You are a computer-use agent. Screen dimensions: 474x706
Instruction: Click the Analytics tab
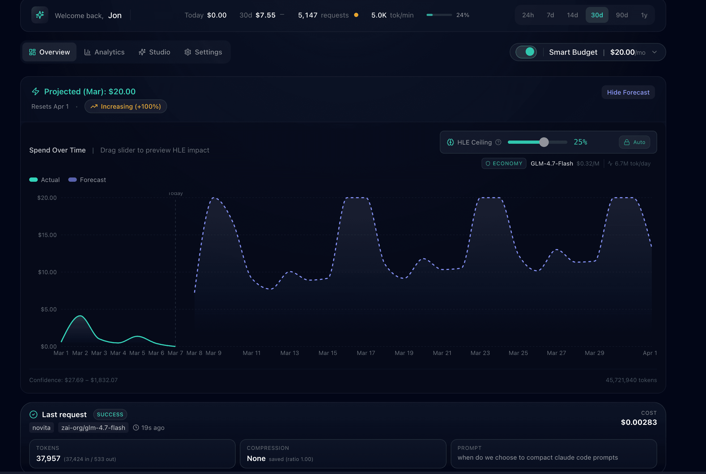(x=104, y=52)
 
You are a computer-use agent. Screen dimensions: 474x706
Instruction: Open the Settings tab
(x=203, y=52)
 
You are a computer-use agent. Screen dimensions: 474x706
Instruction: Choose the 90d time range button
(x=622, y=15)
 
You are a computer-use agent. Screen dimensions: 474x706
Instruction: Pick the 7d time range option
(x=550, y=15)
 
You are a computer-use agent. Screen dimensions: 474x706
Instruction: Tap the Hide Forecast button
(x=628, y=92)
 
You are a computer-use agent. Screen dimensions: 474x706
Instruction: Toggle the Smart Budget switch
(x=526, y=52)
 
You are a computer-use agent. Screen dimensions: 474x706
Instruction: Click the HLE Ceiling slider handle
(x=544, y=142)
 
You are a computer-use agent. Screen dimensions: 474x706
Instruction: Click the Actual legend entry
(x=44, y=180)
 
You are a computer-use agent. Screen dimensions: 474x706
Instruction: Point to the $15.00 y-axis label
(x=47, y=235)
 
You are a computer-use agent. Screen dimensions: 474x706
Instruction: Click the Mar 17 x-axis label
(x=366, y=353)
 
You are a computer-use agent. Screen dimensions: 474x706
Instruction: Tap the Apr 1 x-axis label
(x=649, y=353)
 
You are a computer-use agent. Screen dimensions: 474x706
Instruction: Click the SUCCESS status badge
(x=110, y=414)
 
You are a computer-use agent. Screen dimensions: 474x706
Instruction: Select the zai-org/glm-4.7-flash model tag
(x=93, y=428)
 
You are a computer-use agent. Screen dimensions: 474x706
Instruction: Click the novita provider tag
(x=41, y=428)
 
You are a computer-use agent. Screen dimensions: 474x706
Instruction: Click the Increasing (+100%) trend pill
(x=126, y=106)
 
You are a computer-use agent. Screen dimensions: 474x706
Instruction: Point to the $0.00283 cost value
(x=639, y=422)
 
